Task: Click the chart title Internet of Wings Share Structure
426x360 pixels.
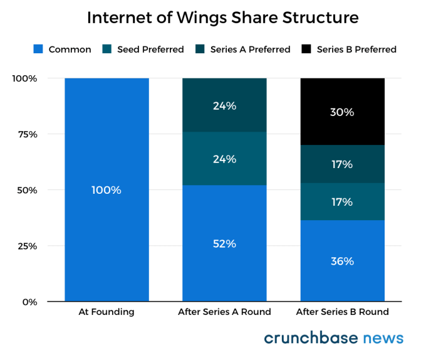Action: tap(222, 18)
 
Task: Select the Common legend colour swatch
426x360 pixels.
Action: tap(37, 49)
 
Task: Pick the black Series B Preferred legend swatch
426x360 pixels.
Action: tap(306, 49)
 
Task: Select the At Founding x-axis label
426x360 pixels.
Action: tap(106, 312)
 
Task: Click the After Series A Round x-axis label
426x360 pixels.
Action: tap(224, 312)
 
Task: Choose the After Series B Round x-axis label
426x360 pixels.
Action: tap(342, 312)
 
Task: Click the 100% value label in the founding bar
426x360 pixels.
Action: tap(106, 190)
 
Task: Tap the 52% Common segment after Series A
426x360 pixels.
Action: tap(224, 243)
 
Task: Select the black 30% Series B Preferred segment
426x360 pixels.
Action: tap(342, 112)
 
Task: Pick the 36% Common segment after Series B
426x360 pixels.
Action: tap(342, 261)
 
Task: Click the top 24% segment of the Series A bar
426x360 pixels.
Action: tap(224, 105)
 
